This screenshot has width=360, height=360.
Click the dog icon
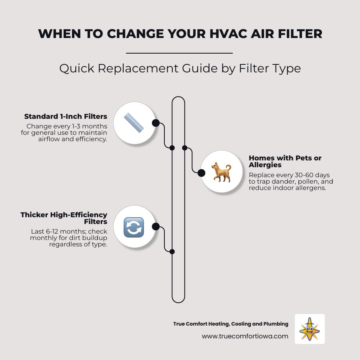221,172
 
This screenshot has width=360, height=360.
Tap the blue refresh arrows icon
134,227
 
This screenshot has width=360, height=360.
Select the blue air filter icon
134,123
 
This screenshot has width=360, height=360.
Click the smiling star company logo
309,329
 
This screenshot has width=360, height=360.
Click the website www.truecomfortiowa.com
245,336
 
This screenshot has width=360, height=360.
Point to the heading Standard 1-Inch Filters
66,116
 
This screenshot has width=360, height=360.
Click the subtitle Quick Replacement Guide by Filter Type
180,68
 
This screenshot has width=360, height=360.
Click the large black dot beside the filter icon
156,123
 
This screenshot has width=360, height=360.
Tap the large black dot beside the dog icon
201,173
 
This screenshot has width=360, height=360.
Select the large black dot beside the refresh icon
156,227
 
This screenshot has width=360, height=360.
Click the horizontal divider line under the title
179,53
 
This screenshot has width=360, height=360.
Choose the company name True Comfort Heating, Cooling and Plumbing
230,324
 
